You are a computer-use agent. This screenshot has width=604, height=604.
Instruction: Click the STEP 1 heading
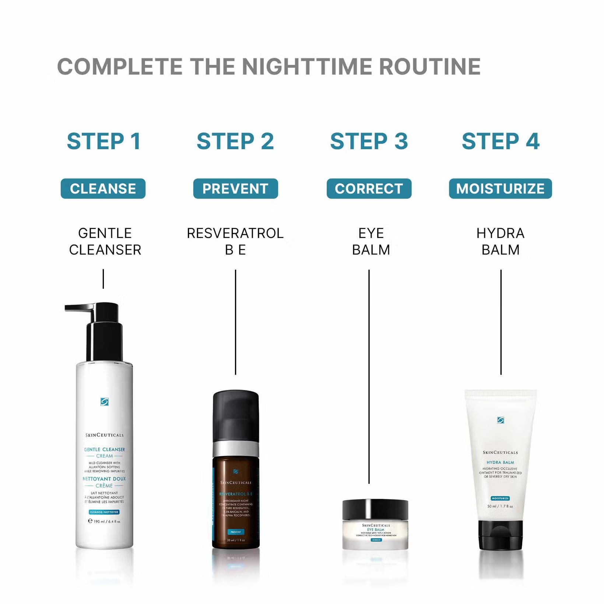tap(104, 141)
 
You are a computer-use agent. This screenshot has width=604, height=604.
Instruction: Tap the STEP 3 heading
tap(369, 141)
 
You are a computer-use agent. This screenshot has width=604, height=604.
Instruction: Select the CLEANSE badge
tap(103, 189)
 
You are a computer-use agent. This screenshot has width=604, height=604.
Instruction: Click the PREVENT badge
tap(235, 189)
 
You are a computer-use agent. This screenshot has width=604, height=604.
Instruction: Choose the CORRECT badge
tap(369, 189)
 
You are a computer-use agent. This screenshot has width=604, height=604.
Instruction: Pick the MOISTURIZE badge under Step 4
tap(500, 189)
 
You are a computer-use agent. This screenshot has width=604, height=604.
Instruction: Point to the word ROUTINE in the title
tap(430, 67)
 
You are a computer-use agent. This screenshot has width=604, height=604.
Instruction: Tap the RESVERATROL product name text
tap(235, 233)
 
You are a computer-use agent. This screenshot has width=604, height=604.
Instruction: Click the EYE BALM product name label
tap(371, 242)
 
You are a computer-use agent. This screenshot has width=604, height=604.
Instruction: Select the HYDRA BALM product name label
tap(500, 242)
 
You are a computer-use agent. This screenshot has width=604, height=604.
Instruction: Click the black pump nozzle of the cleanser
tap(79, 307)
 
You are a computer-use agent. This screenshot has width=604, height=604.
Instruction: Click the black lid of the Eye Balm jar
tap(375, 509)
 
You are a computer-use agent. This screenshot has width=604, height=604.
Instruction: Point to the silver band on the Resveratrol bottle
tap(236, 449)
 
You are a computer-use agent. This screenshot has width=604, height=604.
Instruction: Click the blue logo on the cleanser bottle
tap(105, 401)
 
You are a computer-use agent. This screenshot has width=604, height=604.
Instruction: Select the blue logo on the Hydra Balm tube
tap(500, 420)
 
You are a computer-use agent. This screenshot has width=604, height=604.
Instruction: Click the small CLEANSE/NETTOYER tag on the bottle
tap(104, 512)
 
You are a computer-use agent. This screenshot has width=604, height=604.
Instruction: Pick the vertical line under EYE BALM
tap(369, 376)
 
